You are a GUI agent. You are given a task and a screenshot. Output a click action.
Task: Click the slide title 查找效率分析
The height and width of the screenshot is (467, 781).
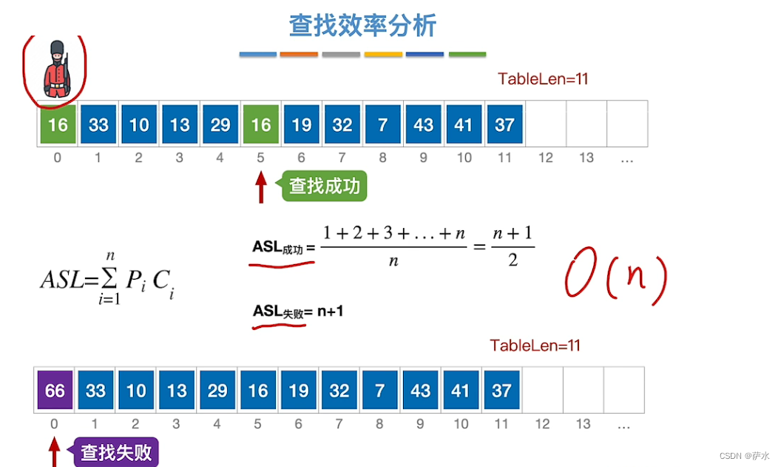pyautogui.click(x=362, y=25)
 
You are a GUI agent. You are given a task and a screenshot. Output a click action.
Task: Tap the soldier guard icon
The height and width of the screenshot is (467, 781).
pyautogui.click(x=56, y=70)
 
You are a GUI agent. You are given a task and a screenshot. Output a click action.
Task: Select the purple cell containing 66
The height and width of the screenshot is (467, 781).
pyautogui.click(x=55, y=389)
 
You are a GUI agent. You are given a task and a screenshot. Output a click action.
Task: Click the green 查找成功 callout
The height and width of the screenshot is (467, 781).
pyautogui.click(x=324, y=186)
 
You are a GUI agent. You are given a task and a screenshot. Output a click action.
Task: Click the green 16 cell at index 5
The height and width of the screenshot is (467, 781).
pyautogui.click(x=260, y=124)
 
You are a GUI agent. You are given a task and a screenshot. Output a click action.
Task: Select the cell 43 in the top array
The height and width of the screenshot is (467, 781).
pyautogui.click(x=423, y=124)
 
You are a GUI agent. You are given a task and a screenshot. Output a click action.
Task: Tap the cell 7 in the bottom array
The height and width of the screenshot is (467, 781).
pyautogui.click(x=379, y=389)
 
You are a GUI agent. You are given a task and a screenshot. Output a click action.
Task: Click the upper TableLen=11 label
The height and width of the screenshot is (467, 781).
pyautogui.click(x=543, y=79)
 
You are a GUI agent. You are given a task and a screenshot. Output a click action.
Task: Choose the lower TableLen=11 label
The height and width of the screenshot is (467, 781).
pyautogui.click(x=535, y=346)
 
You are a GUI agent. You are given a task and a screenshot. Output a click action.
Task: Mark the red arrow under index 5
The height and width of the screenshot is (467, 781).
pyautogui.click(x=260, y=187)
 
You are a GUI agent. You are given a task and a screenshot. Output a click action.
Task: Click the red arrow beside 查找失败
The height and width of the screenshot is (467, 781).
pyautogui.click(x=54, y=451)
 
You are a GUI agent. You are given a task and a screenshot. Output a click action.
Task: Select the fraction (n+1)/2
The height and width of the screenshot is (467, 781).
pyautogui.click(x=513, y=246)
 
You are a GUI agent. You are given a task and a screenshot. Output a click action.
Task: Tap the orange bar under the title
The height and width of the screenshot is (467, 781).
pyautogui.click(x=299, y=54)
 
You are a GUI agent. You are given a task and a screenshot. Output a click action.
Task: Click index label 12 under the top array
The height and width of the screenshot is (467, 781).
pyautogui.click(x=545, y=157)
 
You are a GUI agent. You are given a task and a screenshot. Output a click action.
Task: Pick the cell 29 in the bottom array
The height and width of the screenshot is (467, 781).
pyautogui.click(x=217, y=389)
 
